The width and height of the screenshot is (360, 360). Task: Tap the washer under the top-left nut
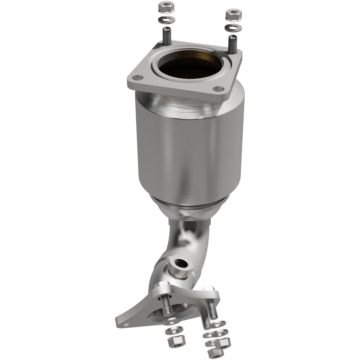pyautogui.click(x=166, y=19)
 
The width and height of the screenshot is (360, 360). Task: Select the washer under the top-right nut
pyautogui.click(x=233, y=28)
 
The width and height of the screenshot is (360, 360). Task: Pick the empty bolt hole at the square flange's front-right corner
pyautogui.click(x=219, y=89)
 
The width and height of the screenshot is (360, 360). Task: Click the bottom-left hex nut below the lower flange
pyautogui.click(x=173, y=340)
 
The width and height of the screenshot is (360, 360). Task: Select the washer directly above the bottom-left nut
pyautogui.click(x=174, y=330)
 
